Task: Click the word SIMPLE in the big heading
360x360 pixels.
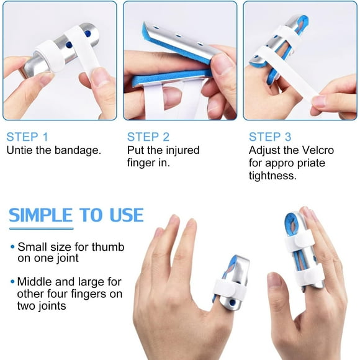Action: click(x=41, y=215)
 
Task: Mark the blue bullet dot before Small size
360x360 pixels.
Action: click(x=12, y=246)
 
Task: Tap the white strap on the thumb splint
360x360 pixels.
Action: click(x=225, y=287)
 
